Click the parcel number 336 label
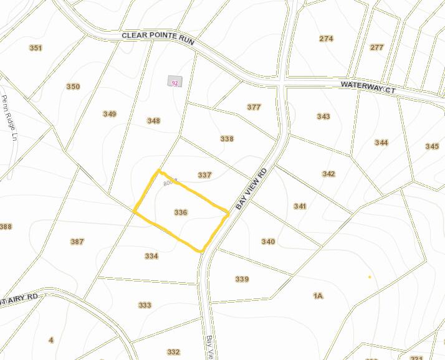coord(181,212)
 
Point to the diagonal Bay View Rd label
coord(251,188)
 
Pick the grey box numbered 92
coord(175,82)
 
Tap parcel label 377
coord(254,107)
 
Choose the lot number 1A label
coord(318,296)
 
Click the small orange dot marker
coord(370,277)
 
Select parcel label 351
coord(36,48)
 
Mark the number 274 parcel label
coord(326,39)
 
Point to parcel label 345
coord(432,146)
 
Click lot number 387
coord(77,242)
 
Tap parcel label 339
coord(242,279)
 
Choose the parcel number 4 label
coord(51,339)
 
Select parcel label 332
coord(173,352)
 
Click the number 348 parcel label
coord(153,121)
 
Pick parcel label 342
coord(328,174)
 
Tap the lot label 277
coord(376,47)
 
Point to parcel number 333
coord(145,305)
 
